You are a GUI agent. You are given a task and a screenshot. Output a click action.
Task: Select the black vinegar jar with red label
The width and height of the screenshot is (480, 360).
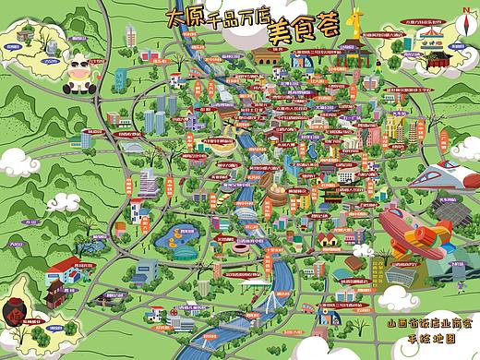pyautogui.click(x=18, y=319)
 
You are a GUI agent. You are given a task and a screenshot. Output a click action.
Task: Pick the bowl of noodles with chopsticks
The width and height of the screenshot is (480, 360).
pyautogui.click(x=220, y=146)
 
